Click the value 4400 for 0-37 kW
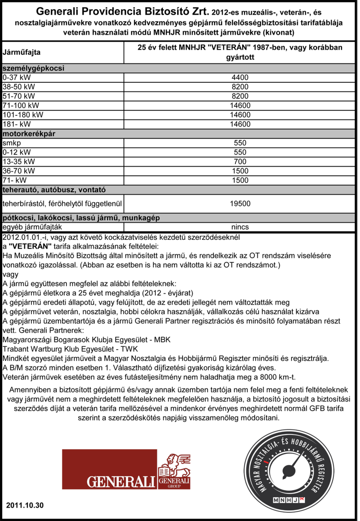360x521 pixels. [x=240, y=77]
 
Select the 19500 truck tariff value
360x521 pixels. [x=240, y=204]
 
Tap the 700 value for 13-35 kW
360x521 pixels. [x=240, y=161]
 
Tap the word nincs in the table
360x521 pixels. [x=240, y=227]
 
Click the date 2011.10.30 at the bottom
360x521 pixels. [x=25, y=505]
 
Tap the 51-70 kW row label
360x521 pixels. [x=20, y=96]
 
